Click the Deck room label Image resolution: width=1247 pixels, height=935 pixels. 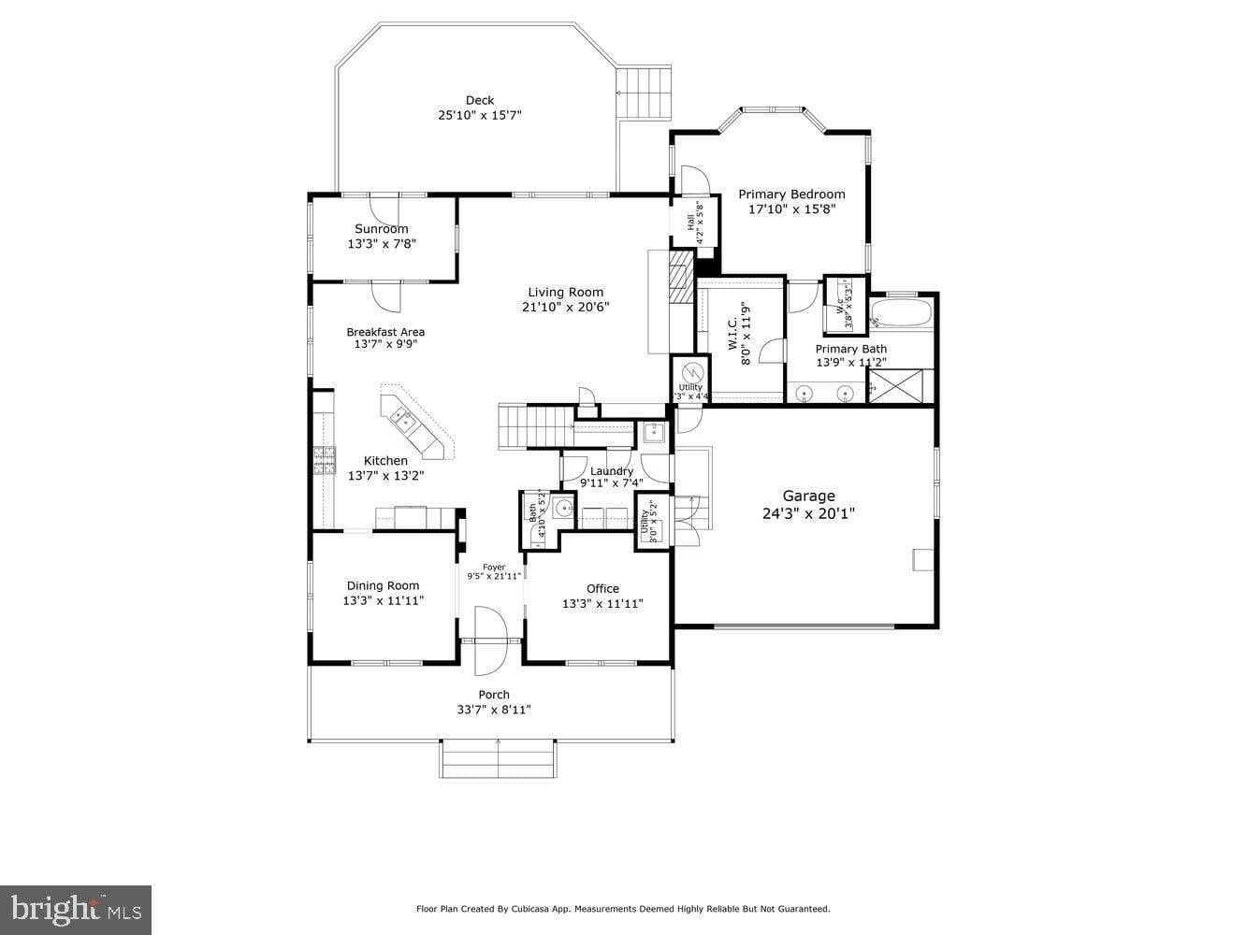[479, 101]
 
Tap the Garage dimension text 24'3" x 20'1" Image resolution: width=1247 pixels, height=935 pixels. [808, 513]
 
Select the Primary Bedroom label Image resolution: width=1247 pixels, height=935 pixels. [791, 194]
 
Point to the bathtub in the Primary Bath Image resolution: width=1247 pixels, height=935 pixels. [900, 313]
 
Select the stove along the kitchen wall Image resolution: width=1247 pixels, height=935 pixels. [324, 459]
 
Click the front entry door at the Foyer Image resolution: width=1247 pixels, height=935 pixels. [489, 640]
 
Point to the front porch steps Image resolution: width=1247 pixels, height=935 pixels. [498, 758]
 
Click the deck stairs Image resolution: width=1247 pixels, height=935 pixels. [645, 93]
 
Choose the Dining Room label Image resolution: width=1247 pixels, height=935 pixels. [383, 586]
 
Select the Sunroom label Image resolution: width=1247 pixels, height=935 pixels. [381, 229]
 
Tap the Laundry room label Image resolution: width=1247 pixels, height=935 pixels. [612, 471]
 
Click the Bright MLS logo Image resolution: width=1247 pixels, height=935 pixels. [75, 909]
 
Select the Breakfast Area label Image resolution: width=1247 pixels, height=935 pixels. [385, 332]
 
